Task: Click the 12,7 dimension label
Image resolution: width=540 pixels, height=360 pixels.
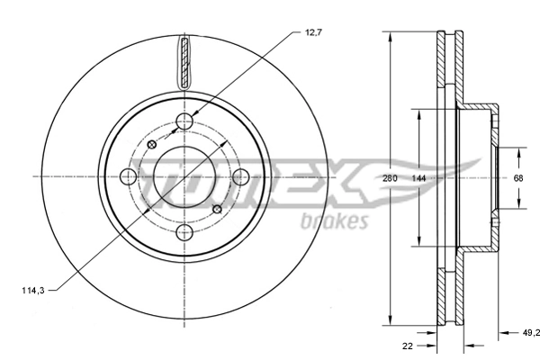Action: coord(312,33)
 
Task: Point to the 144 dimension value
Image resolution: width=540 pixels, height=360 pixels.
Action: coord(418,178)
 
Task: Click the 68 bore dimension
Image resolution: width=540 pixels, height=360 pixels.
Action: coord(517,178)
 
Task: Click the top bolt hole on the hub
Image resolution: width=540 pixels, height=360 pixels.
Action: coord(185,122)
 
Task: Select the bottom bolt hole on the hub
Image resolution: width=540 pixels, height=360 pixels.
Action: coord(185,233)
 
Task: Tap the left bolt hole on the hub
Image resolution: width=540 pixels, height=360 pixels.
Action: coord(130,178)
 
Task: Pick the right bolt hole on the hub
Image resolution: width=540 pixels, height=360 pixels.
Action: coord(240,178)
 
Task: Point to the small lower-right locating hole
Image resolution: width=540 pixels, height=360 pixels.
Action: coord(217,210)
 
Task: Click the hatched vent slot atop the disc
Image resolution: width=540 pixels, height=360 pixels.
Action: coord(185,63)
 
